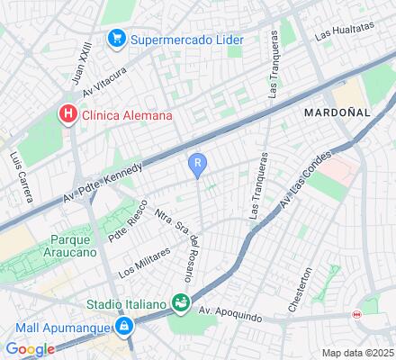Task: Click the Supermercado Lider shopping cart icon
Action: [116, 39]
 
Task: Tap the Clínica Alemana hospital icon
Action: [67, 114]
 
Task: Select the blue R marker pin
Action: [198, 164]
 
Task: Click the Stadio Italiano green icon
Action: [181, 302]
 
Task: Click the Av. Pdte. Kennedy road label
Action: [103, 184]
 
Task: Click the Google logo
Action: [30, 349]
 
